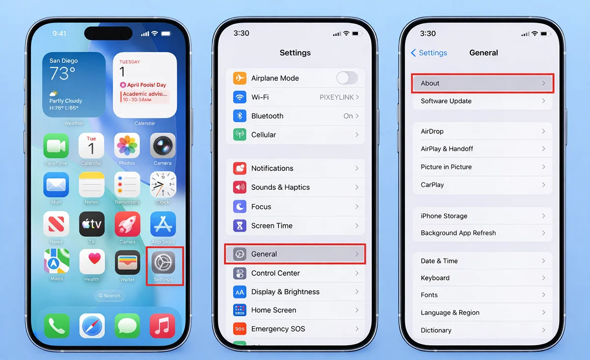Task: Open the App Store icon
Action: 163,224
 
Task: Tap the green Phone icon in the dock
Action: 57,326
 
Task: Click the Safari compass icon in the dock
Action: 92,326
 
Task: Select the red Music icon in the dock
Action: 162,326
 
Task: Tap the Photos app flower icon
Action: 127,146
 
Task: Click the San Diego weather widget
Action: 74,85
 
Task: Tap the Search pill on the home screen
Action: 109,296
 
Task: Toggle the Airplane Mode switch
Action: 347,78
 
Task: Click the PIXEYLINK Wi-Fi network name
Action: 336,97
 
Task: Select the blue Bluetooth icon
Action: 239,116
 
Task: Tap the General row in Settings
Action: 295,254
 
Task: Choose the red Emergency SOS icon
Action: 239,329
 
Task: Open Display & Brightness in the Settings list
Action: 285,292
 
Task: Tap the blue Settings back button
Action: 429,53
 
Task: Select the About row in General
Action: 483,83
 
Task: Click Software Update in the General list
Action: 446,101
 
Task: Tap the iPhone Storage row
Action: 444,216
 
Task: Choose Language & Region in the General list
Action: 450,312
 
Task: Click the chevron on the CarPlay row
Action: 543,185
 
